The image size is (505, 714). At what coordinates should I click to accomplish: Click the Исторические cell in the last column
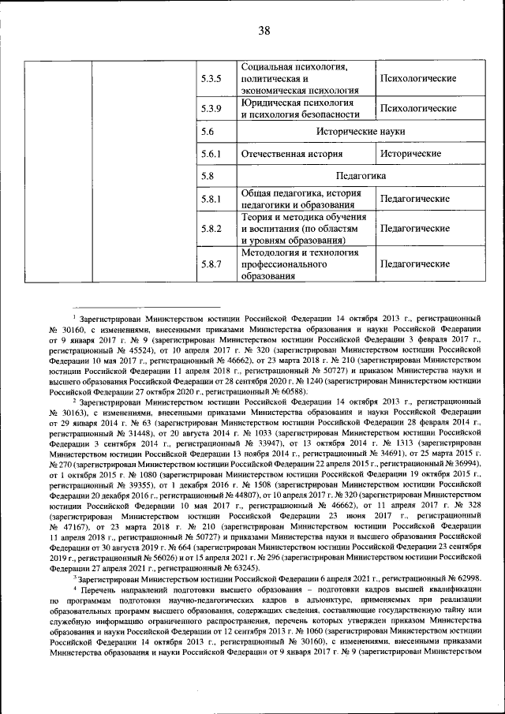410,154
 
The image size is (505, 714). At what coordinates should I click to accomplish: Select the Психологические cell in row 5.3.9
418,108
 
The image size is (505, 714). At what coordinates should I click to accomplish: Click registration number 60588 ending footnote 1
279,391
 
